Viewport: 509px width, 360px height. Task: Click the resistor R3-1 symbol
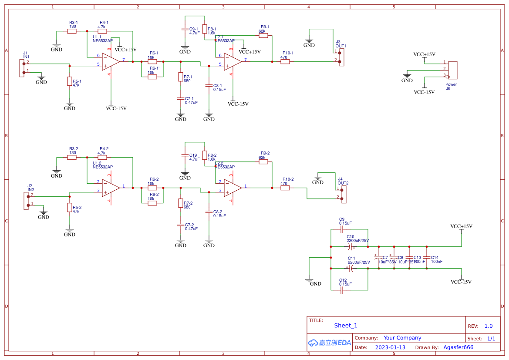point(72,31)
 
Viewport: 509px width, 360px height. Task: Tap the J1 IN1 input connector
point(22,68)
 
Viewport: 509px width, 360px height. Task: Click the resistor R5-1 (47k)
point(69,81)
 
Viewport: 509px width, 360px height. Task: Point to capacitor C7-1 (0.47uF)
point(181,99)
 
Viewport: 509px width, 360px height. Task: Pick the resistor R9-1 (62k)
point(263,36)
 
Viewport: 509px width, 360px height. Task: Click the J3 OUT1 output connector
point(341,57)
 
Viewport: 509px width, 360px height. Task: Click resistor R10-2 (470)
point(285,188)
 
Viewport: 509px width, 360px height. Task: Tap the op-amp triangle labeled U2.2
point(233,188)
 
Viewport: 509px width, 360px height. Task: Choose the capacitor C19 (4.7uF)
point(185,155)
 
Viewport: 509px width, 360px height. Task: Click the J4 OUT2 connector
point(344,194)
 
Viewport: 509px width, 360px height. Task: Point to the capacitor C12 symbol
point(342,290)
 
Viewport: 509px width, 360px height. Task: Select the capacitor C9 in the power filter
point(342,229)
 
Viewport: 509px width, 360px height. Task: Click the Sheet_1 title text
point(345,326)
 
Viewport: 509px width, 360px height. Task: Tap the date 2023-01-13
point(390,347)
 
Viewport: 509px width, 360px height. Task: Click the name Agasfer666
point(458,347)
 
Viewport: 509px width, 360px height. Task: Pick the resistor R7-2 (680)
point(181,203)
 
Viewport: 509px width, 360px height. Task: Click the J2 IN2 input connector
point(26,201)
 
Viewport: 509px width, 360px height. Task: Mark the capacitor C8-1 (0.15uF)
point(209,85)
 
